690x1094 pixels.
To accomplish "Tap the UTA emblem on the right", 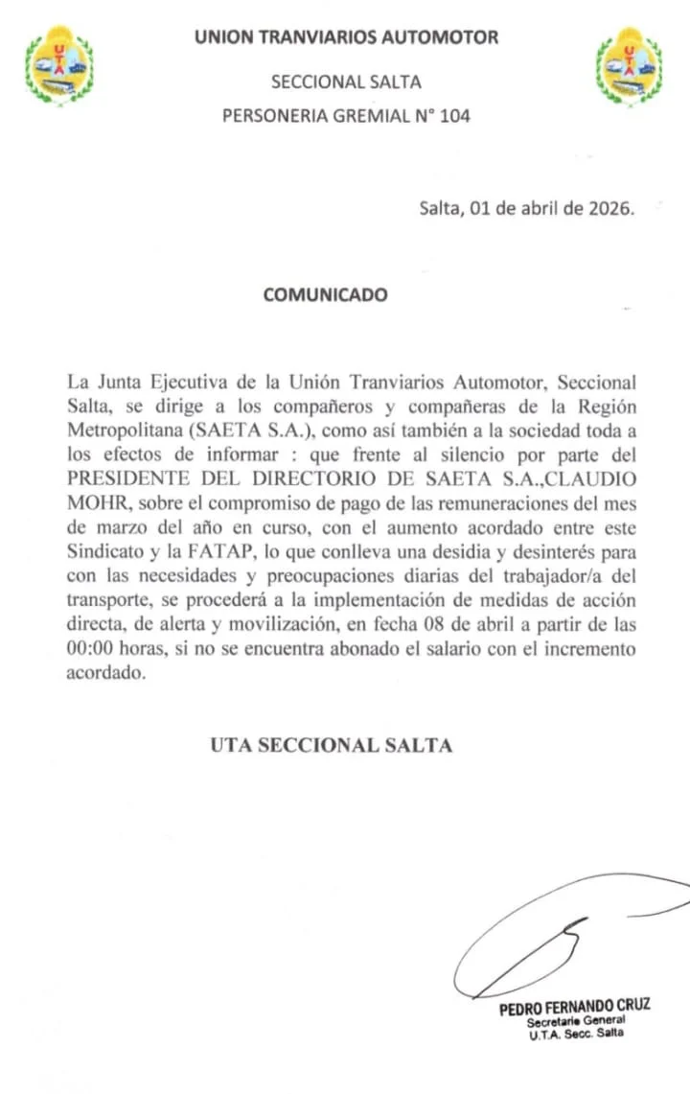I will (630, 66).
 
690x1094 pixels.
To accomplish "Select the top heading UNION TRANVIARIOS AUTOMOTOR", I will (346, 37).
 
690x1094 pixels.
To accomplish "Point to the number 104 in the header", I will (453, 116).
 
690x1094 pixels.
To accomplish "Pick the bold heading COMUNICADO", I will (326, 294).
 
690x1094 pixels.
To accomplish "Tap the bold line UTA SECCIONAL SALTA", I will (331, 745).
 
